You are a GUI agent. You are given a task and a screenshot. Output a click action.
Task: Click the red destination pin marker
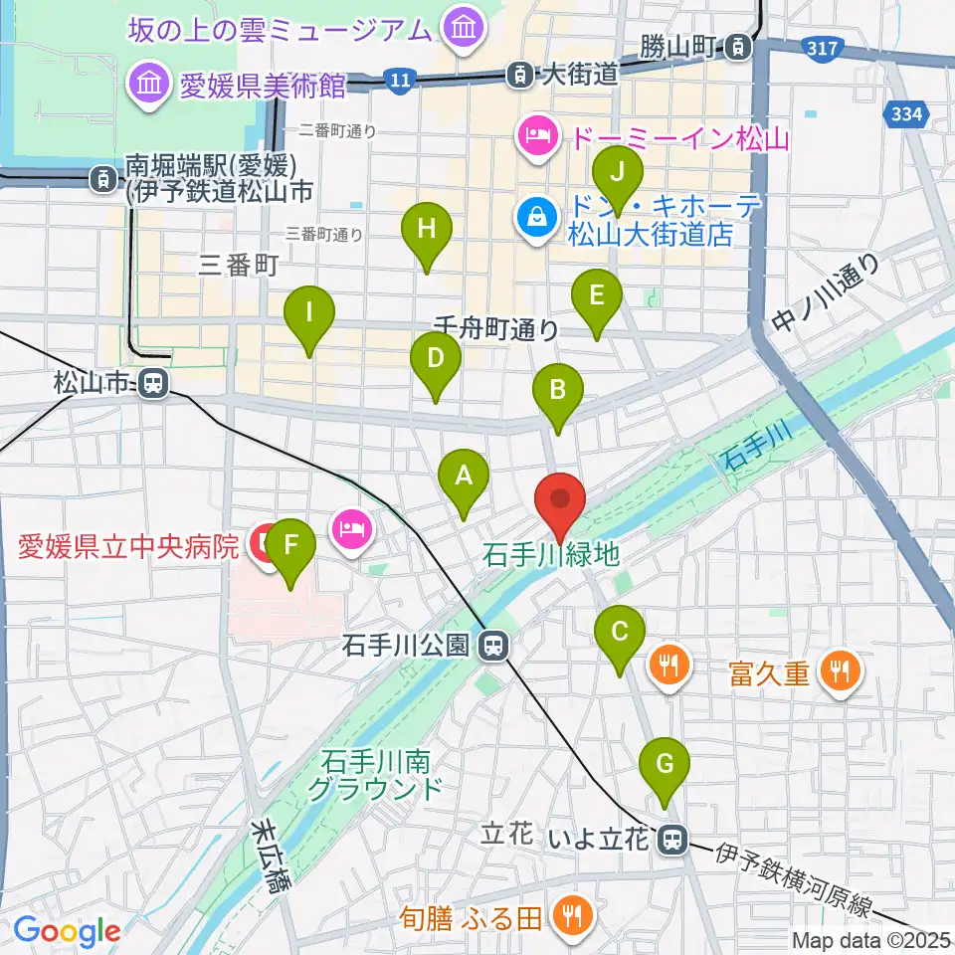pos(560,500)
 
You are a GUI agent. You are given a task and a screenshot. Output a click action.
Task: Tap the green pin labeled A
pos(463,477)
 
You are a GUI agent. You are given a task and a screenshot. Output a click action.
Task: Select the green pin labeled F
pos(289,546)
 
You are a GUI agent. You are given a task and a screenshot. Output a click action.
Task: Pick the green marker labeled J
pos(618,174)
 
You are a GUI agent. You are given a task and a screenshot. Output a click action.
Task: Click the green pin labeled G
pos(666,766)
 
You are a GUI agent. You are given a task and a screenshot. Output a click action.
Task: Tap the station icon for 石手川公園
pos(491,647)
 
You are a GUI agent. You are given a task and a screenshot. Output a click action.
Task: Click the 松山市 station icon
pos(152,381)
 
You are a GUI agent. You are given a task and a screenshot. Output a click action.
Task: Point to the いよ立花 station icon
pos(673,841)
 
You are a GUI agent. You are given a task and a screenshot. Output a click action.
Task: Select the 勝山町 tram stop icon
pos(738,45)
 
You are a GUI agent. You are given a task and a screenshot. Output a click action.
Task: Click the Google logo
pos(67,932)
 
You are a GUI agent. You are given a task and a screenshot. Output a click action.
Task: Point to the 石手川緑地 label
pos(549,556)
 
